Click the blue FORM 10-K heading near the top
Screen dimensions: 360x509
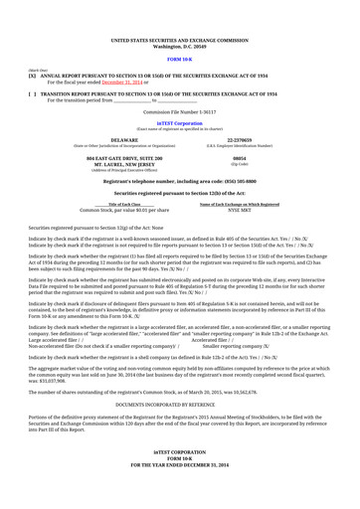point(179,61)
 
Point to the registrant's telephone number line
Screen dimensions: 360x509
point(179,181)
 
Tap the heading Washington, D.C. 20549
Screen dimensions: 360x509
point(179,47)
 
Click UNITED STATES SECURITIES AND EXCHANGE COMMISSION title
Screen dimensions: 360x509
point(179,41)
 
